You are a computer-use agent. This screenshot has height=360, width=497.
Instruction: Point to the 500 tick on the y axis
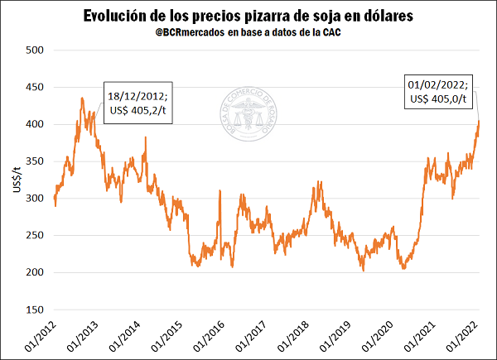[34, 50]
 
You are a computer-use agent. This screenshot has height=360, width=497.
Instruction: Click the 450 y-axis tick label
[34, 87]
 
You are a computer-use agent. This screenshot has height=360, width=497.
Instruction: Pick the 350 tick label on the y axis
[34, 161]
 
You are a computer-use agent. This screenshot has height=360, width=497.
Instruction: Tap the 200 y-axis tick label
[34, 272]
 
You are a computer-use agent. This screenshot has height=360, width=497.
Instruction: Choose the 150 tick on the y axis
[34, 310]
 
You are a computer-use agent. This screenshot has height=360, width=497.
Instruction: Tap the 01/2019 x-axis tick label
[335, 338]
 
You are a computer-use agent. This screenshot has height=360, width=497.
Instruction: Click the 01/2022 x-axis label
[463, 338]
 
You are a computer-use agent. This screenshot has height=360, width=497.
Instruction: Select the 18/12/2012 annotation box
[138, 103]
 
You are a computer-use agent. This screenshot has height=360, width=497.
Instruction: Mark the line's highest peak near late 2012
[82, 98]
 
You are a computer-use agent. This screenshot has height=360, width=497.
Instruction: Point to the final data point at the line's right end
[479, 121]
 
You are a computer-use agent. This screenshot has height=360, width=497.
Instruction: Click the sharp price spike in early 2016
[220, 192]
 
